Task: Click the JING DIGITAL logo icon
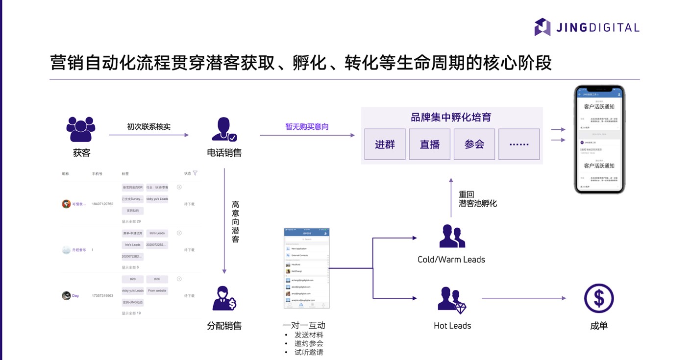point(542,27)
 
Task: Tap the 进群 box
point(385,144)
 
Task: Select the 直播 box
point(429,144)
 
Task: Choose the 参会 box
point(474,144)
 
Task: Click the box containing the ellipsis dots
point(519,144)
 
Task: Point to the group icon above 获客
point(81,129)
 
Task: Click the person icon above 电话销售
point(224,130)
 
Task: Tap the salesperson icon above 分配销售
point(224,298)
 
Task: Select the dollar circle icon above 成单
point(598,298)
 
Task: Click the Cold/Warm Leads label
point(451,260)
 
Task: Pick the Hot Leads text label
point(452,326)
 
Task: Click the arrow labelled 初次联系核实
point(148,135)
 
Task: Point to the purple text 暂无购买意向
point(307,127)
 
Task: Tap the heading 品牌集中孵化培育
point(451,118)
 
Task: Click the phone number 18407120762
point(102,204)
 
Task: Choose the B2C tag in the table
point(157,279)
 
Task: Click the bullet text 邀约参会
point(309,343)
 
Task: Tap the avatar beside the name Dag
point(66,296)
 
